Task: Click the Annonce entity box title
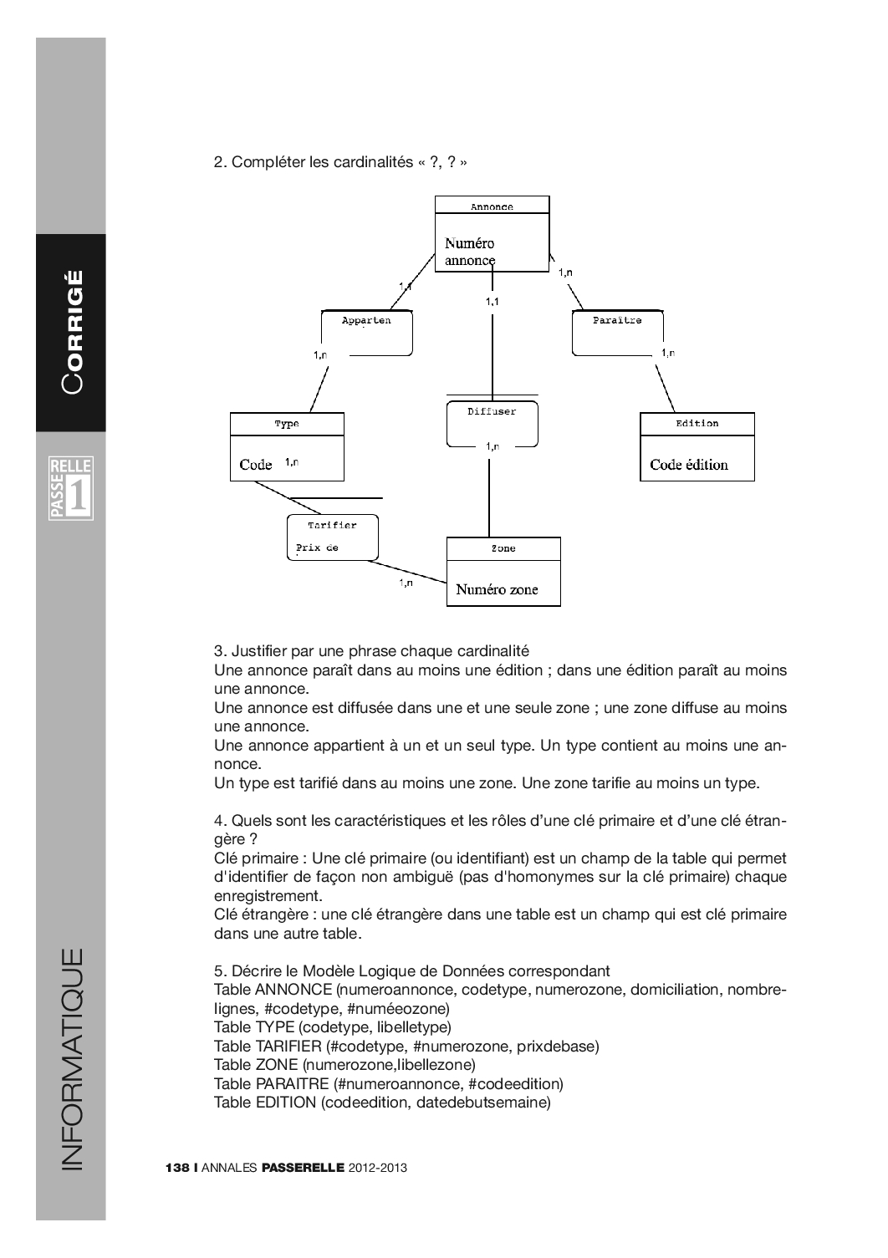[492, 206]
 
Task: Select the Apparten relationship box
[367, 332]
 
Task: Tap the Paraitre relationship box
[617, 332]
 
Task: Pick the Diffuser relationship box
[492, 424]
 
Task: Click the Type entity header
[287, 424]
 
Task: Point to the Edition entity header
[697, 423]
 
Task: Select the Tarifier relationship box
[332, 537]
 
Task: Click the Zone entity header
[503, 548]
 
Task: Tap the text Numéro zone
[497, 589]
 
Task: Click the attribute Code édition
[689, 465]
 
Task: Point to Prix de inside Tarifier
[317, 549]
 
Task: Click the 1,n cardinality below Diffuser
[492, 446]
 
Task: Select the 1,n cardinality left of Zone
[406, 583]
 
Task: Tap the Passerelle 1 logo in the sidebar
[71, 487]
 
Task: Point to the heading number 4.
[219, 820]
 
